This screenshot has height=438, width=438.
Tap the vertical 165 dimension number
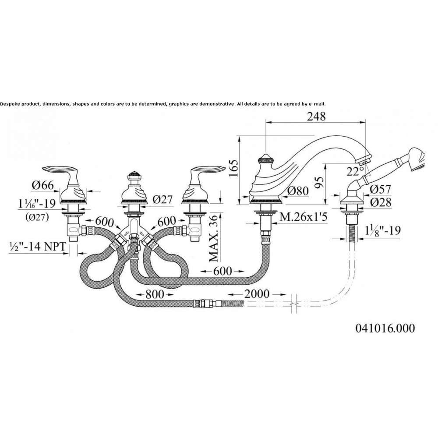click(x=233, y=168)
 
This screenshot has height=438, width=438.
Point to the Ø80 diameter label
click(x=298, y=191)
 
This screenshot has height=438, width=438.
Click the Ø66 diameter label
click(x=43, y=185)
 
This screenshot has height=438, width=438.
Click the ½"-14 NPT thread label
click(x=38, y=246)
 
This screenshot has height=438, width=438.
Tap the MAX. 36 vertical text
click(x=214, y=238)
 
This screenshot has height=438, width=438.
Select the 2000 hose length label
click(x=257, y=294)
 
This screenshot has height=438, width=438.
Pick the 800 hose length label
click(x=155, y=294)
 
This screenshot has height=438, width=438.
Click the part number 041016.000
click(x=385, y=328)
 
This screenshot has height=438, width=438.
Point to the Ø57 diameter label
click(x=381, y=189)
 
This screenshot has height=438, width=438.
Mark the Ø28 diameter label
click(x=381, y=202)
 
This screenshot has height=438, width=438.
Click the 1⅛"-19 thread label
click(x=383, y=230)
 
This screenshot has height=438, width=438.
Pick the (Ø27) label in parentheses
click(x=37, y=217)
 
